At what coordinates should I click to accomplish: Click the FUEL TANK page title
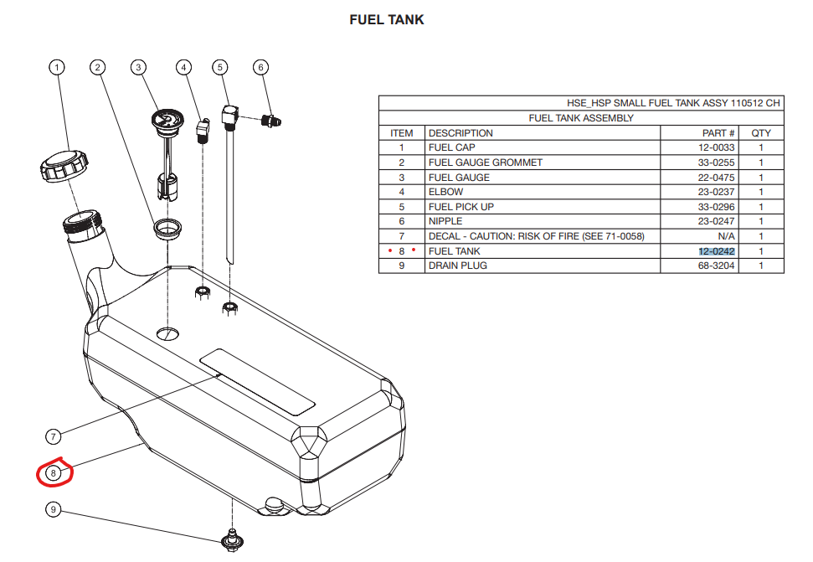(x=387, y=19)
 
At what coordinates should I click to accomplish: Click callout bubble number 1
(x=56, y=67)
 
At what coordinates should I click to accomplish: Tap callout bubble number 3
(x=139, y=67)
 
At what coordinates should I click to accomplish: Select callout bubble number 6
(x=260, y=67)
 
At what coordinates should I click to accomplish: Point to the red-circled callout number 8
(x=54, y=473)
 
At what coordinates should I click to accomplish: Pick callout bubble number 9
(x=54, y=509)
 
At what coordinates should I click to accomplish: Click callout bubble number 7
(x=54, y=436)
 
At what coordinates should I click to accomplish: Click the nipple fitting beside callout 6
(x=270, y=120)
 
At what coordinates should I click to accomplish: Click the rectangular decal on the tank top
(x=256, y=381)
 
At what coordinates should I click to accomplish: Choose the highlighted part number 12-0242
(x=717, y=251)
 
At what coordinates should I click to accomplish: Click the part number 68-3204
(x=717, y=266)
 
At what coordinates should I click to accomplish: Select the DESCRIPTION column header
(x=461, y=133)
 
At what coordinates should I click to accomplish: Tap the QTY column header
(x=761, y=133)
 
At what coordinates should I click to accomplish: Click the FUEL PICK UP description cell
(x=461, y=207)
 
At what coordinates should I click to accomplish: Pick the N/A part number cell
(x=726, y=236)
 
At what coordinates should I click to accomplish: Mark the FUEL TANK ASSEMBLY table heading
(x=581, y=118)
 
